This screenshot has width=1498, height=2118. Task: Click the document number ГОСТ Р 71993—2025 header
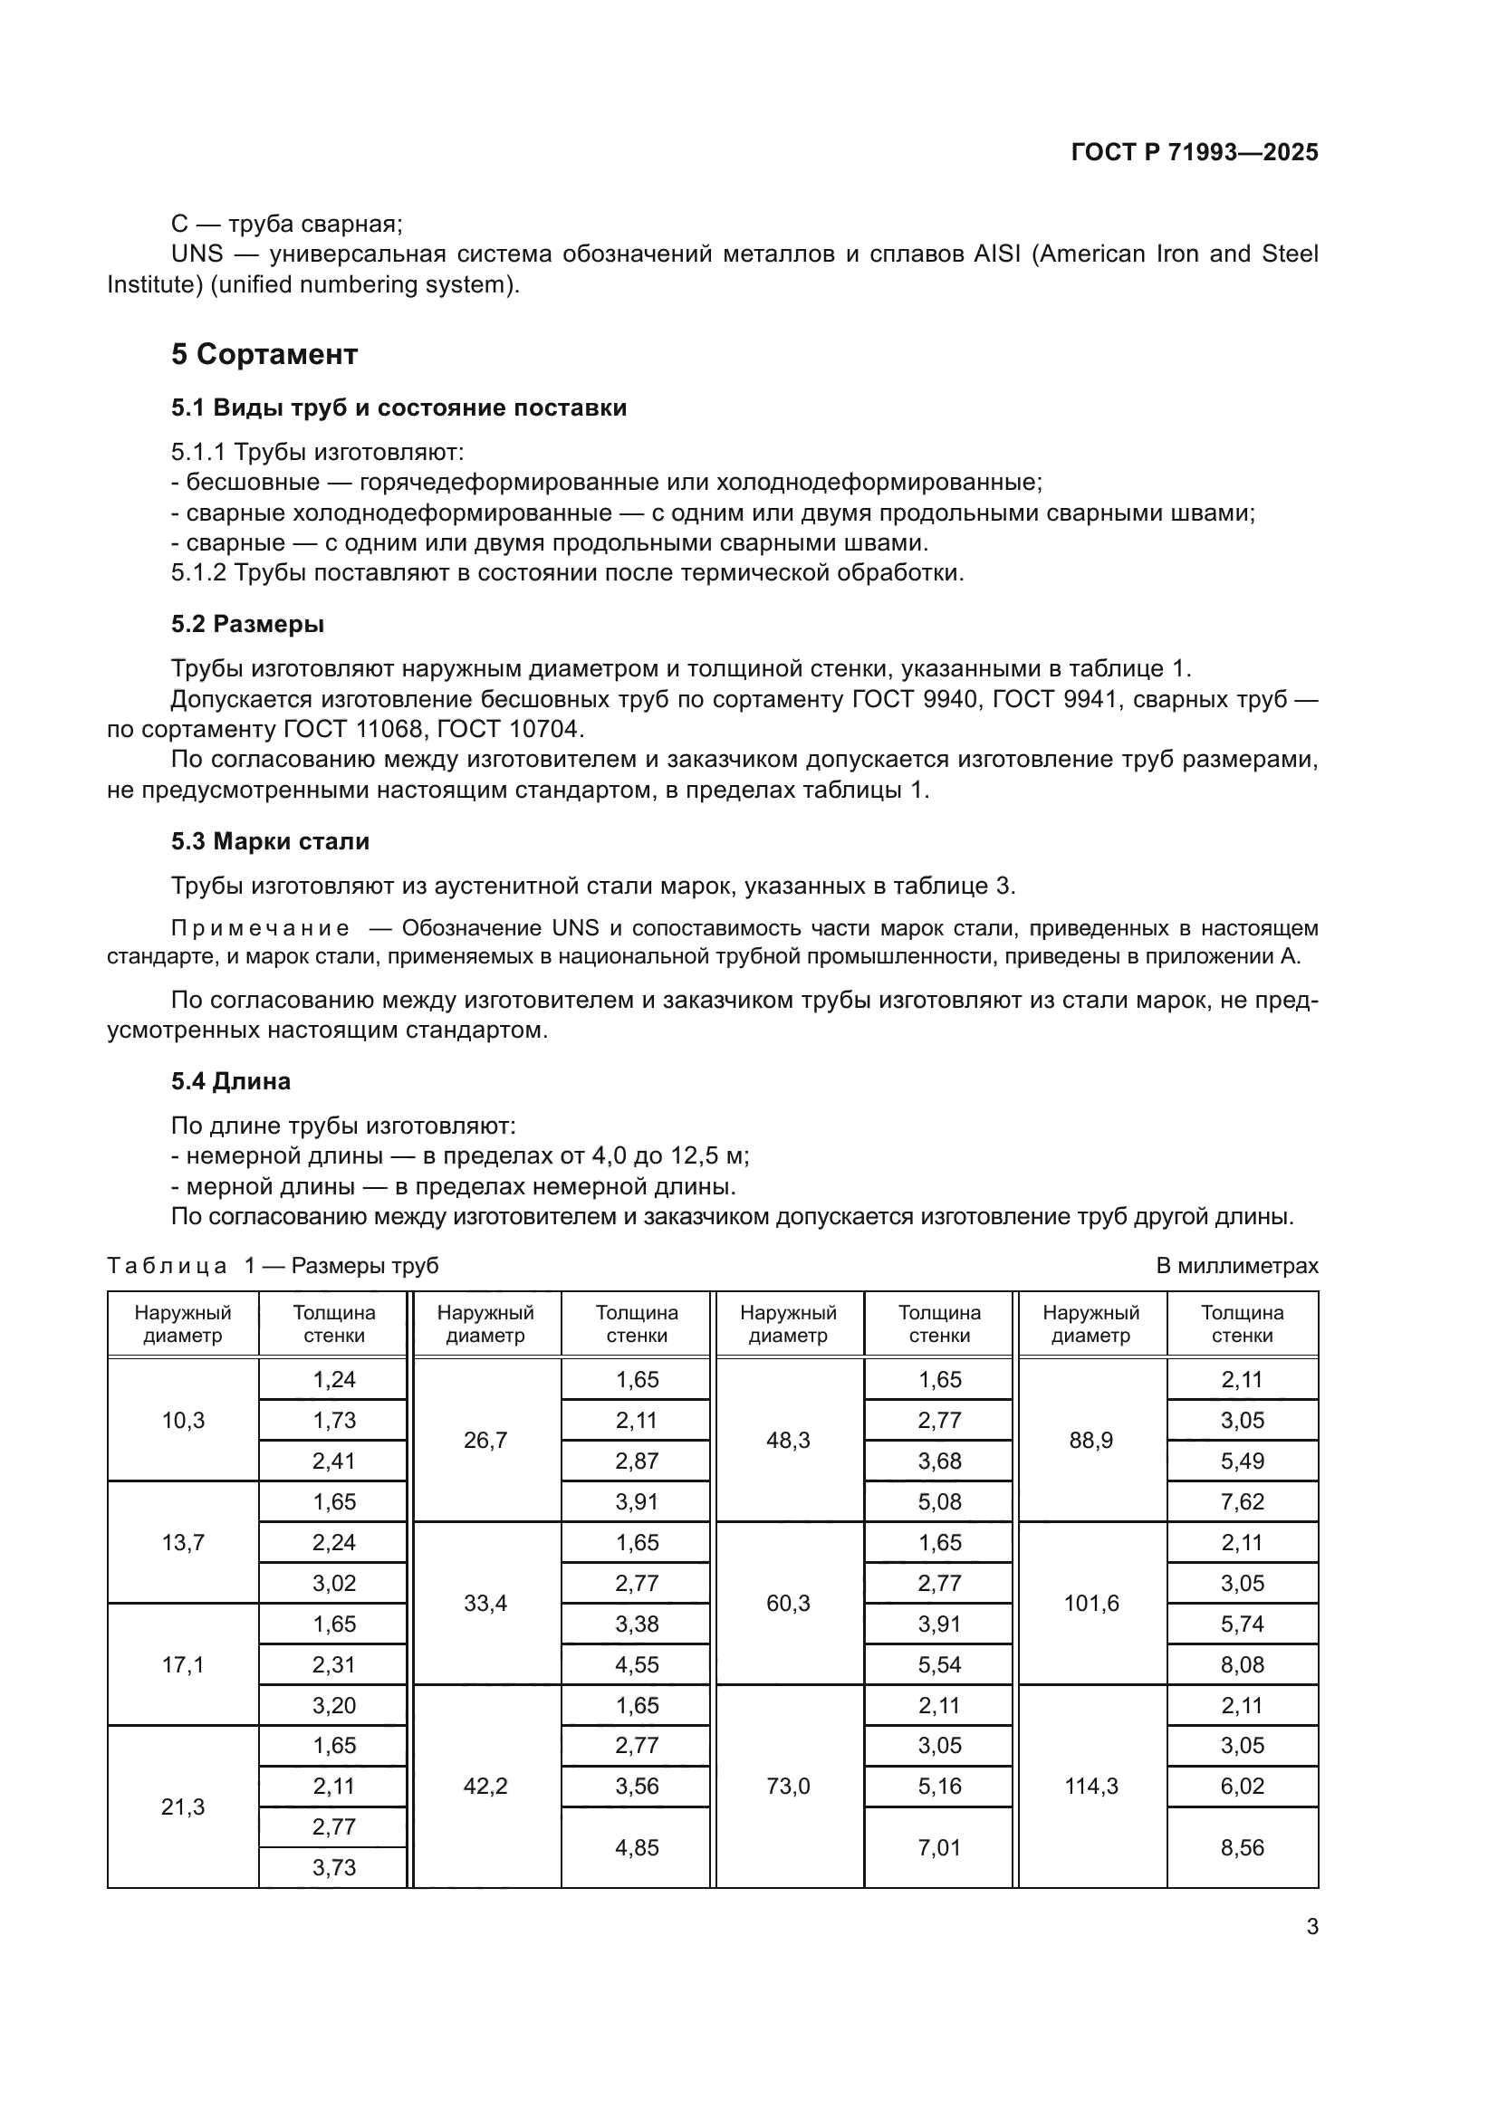tap(1194, 153)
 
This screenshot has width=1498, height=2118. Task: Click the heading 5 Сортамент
tap(264, 354)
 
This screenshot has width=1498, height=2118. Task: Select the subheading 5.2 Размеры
tap(247, 625)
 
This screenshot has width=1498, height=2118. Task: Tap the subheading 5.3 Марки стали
tap(269, 841)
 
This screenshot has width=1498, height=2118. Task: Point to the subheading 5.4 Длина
tap(231, 1081)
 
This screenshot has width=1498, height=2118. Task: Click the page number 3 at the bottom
tap(1311, 1927)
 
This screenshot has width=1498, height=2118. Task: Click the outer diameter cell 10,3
tap(183, 1421)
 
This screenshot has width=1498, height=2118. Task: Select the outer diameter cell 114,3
tap(1090, 1787)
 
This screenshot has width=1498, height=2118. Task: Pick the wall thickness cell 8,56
tap(1242, 1848)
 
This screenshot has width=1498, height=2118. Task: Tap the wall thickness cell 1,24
tap(334, 1380)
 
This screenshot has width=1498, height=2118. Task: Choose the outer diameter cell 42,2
tap(485, 1787)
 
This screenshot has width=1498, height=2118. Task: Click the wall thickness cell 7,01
tap(939, 1848)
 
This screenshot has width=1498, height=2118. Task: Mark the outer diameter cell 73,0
tap(788, 1787)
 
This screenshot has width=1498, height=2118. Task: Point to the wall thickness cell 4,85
tap(637, 1848)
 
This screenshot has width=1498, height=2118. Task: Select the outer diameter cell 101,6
tap(1090, 1604)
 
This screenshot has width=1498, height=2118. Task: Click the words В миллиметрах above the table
tap(1236, 1266)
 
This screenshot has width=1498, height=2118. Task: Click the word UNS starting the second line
tap(197, 254)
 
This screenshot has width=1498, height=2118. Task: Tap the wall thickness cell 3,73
tap(334, 1868)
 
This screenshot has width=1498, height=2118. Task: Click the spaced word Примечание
tap(260, 928)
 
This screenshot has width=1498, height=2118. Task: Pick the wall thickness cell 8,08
tap(1242, 1665)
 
